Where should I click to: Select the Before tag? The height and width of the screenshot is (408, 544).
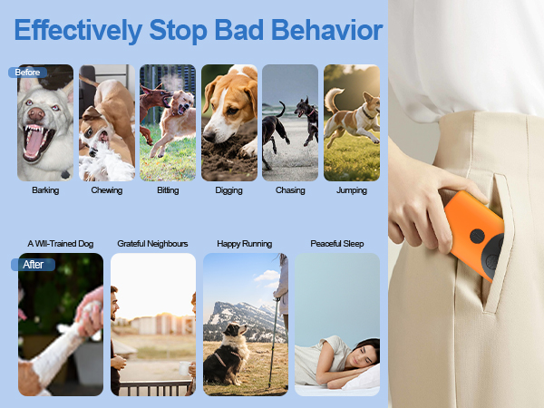click(27, 72)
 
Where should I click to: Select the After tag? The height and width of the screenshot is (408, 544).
click(33, 265)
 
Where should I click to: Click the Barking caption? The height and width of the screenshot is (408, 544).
click(45, 190)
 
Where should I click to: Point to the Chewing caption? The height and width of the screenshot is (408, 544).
click(107, 190)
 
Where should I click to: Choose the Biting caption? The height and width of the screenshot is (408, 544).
click(168, 190)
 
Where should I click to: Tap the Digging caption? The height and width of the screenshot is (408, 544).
click(229, 190)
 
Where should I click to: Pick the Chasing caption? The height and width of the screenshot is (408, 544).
click(290, 190)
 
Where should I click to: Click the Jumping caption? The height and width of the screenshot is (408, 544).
click(352, 190)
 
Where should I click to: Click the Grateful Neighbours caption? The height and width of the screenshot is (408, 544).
click(152, 244)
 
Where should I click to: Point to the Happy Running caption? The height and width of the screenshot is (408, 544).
click(245, 244)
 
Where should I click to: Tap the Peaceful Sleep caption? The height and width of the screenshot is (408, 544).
click(337, 244)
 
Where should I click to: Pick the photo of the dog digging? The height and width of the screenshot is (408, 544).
click(229, 122)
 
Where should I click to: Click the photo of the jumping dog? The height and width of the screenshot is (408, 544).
click(352, 122)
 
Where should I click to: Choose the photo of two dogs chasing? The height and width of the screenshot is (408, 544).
click(290, 122)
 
